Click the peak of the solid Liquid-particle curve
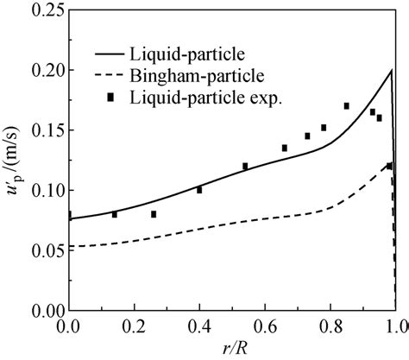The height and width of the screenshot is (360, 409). [392, 70]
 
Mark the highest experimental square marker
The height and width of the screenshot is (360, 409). [346, 106]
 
